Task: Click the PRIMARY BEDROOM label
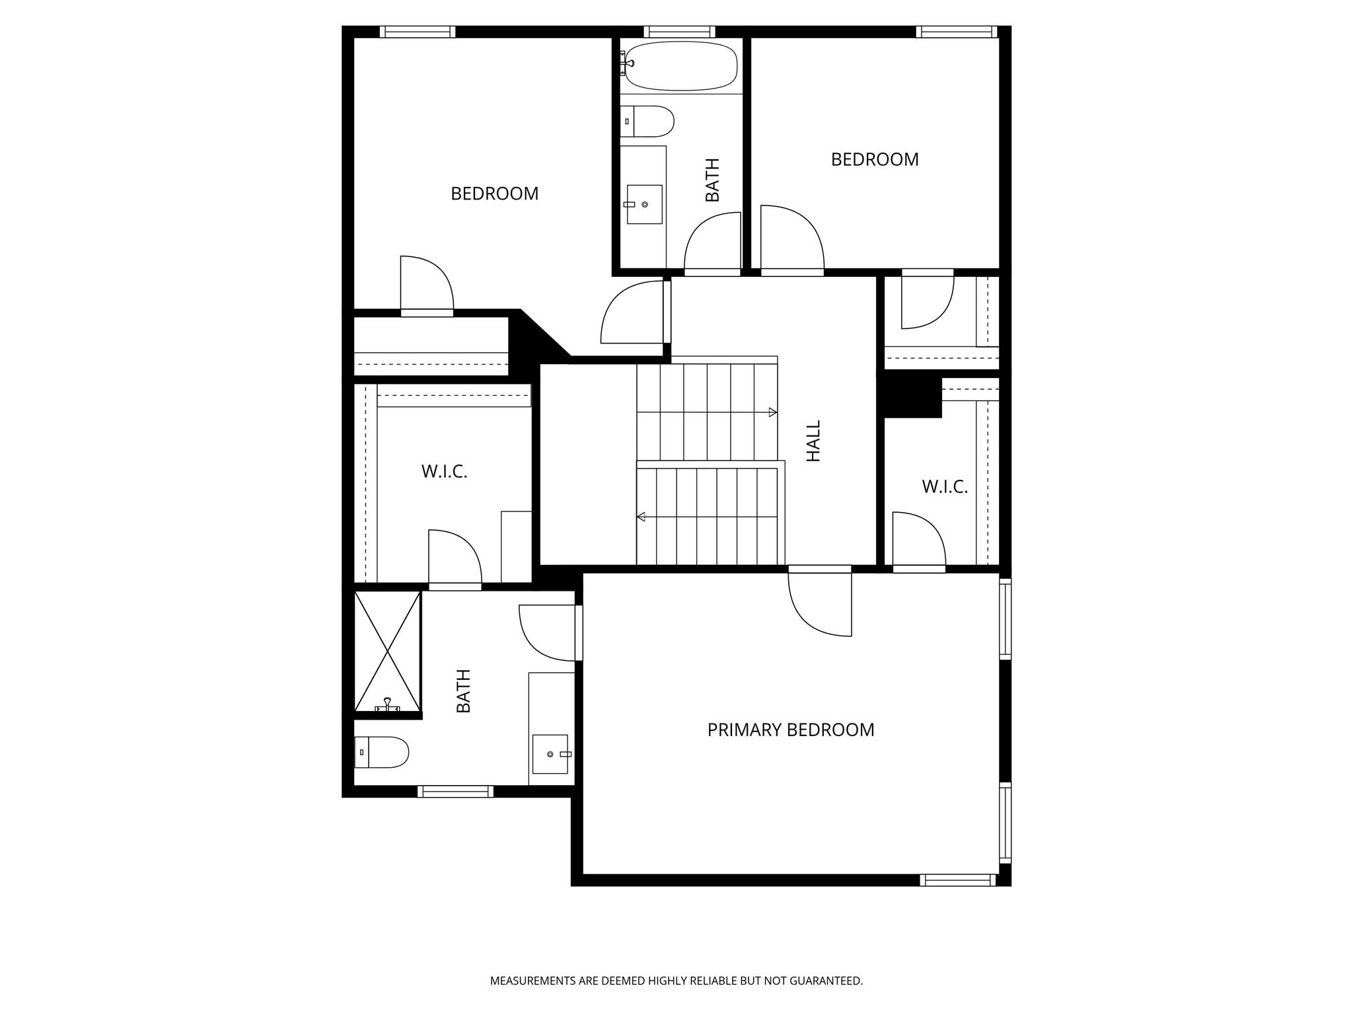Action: (790, 730)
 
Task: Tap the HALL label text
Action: (813, 441)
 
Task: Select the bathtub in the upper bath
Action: (680, 65)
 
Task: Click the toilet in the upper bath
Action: (648, 122)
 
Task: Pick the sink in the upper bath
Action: (644, 204)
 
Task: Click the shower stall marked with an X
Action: (387, 651)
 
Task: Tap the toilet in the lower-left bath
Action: (382, 752)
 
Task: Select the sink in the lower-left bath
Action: (550, 754)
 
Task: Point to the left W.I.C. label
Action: (444, 472)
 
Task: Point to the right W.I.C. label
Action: (944, 487)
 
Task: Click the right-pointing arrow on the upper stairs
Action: (772, 412)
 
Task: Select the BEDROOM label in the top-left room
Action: (494, 194)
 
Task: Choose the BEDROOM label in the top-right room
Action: (874, 159)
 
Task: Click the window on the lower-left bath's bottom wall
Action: (455, 791)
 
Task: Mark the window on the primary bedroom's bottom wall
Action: (957, 880)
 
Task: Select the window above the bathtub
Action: (679, 31)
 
